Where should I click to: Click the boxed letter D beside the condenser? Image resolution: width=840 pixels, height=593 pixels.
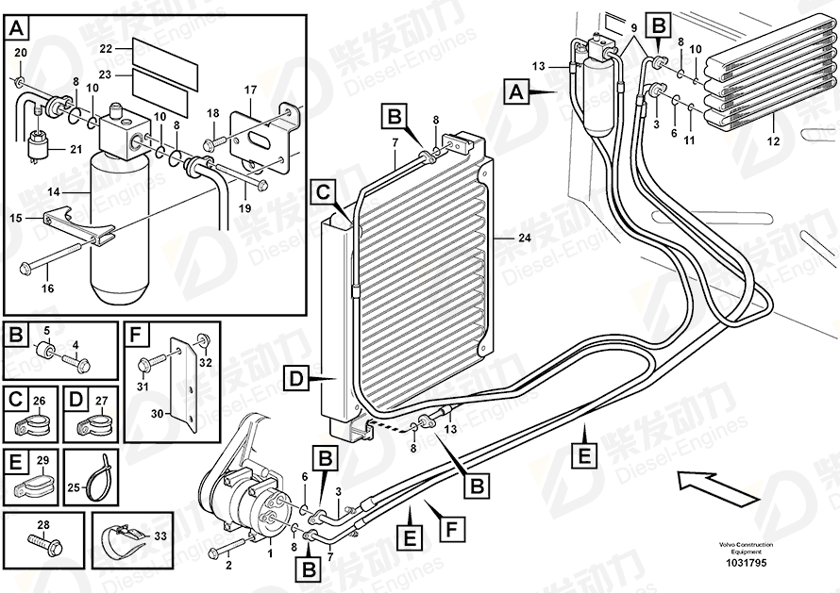point(294,380)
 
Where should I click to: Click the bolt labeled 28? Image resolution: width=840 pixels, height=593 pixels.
point(43,543)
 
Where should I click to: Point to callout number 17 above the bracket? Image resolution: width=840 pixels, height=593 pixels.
point(251,91)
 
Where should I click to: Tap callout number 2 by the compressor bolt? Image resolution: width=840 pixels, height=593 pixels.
point(227,566)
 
